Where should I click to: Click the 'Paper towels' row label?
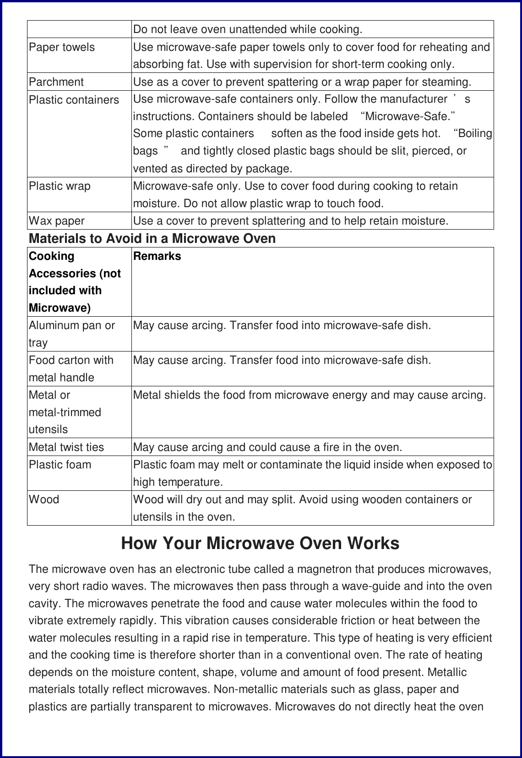(62, 47)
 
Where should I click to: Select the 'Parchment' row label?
(56, 82)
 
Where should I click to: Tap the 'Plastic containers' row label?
(74, 100)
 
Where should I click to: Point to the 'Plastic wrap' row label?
(60, 186)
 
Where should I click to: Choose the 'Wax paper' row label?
(57, 221)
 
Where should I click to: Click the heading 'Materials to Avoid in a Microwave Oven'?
(152, 238)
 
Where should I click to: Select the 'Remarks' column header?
(157, 256)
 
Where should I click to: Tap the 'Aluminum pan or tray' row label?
(71, 334)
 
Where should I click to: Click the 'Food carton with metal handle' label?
(71, 368)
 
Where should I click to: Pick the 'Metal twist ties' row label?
(66, 447)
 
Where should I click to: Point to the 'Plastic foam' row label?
(60, 465)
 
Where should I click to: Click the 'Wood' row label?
(44, 500)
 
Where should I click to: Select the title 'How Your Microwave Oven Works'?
(260, 543)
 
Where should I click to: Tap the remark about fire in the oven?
(267, 447)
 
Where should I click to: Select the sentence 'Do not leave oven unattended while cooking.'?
(248, 29)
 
